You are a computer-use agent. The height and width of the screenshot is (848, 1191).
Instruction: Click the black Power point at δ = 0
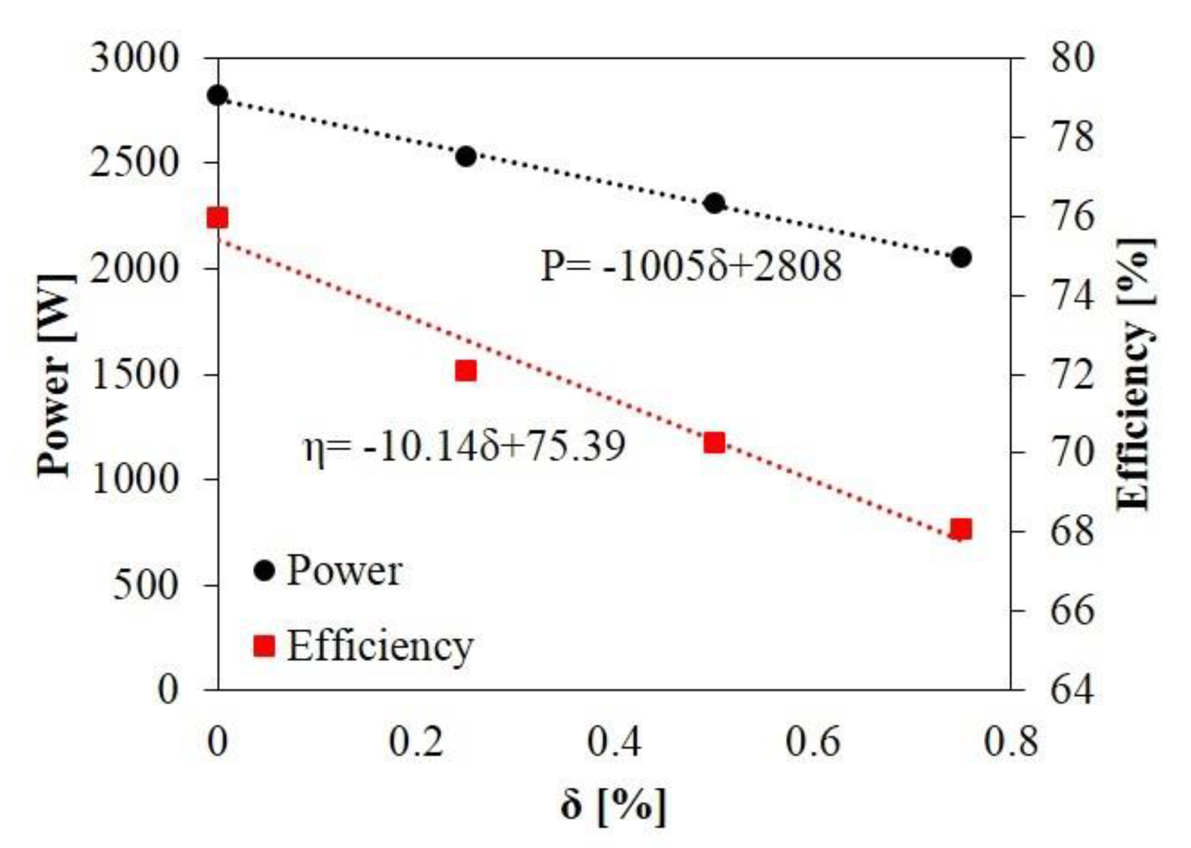pyautogui.click(x=218, y=96)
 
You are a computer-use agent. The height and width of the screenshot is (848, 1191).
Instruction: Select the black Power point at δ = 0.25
pyautogui.click(x=466, y=156)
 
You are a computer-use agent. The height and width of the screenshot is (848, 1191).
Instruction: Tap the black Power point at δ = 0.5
pyautogui.click(x=714, y=203)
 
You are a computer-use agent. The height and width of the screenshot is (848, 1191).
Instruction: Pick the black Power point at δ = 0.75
pyautogui.click(x=961, y=257)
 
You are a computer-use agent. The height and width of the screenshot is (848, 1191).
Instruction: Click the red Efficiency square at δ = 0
pyautogui.click(x=218, y=218)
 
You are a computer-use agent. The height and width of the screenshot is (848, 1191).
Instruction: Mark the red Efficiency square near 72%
pyautogui.click(x=466, y=371)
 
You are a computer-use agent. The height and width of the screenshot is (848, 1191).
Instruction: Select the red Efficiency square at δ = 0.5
pyautogui.click(x=714, y=442)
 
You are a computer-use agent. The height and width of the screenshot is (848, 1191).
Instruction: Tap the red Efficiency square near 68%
pyautogui.click(x=961, y=530)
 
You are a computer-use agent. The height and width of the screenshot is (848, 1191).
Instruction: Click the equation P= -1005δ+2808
pyautogui.click(x=691, y=266)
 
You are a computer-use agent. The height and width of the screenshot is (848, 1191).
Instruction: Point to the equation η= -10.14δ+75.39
pyautogui.click(x=464, y=447)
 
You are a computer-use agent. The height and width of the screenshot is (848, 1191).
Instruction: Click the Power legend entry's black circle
pyautogui.click(x=264, y=571)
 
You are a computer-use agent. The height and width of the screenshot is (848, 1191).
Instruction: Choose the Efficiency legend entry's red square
pyautogui.click(x=264, y=645)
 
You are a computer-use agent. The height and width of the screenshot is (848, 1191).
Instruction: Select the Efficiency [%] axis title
pyautogui.click(x=1136, y=375)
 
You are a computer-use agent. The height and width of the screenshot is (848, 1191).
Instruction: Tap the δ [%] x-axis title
pyautogui.click(x=612, y=805)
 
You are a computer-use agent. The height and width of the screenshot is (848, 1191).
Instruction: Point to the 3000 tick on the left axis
pyautogui.click(x=134, y=59)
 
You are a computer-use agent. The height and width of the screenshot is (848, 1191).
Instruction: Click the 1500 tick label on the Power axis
pyautogui.click(x=134, y=375)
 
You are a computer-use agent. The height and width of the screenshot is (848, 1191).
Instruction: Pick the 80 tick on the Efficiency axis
pyautogui.click(x=1072, y=59)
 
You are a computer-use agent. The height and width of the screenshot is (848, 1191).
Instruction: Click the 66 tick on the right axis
pyautogui.click(x=1072, y=611)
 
